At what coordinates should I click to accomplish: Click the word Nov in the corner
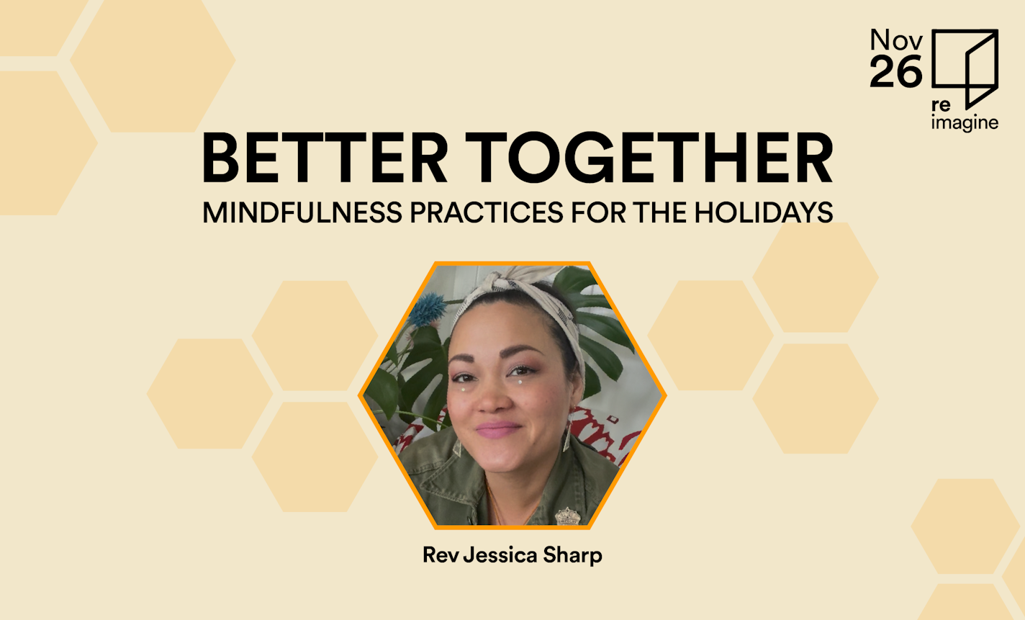(895, 40)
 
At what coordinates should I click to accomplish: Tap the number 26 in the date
(895, 72)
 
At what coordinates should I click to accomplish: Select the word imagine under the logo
(965, 122)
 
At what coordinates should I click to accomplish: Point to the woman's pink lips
(497, 430)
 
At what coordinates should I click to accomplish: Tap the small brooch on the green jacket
(567, 516)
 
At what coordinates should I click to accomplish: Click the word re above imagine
(941, 105)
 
